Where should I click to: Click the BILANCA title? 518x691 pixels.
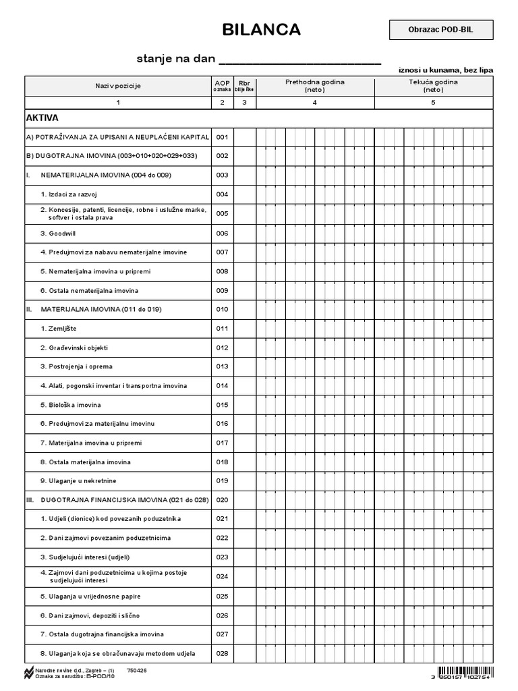tap(262, 30)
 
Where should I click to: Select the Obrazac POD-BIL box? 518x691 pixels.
tap(441, 30)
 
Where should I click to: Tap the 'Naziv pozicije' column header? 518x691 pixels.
tap(118, 86)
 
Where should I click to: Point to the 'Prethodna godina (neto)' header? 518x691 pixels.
tap(314, 86)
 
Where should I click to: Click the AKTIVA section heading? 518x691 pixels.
tap(42, 117)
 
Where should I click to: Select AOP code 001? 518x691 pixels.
tap(223, 137)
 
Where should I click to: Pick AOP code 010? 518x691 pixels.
tap(223, 309)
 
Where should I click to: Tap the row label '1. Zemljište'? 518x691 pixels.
tap(63, 329)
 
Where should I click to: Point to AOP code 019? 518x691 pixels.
tap(223, 481)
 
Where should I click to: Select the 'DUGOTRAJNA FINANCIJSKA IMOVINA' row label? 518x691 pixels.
tap(125, 500)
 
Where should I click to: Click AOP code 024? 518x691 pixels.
tap(223, 577)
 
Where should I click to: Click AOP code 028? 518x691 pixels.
tap(223, 654)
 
